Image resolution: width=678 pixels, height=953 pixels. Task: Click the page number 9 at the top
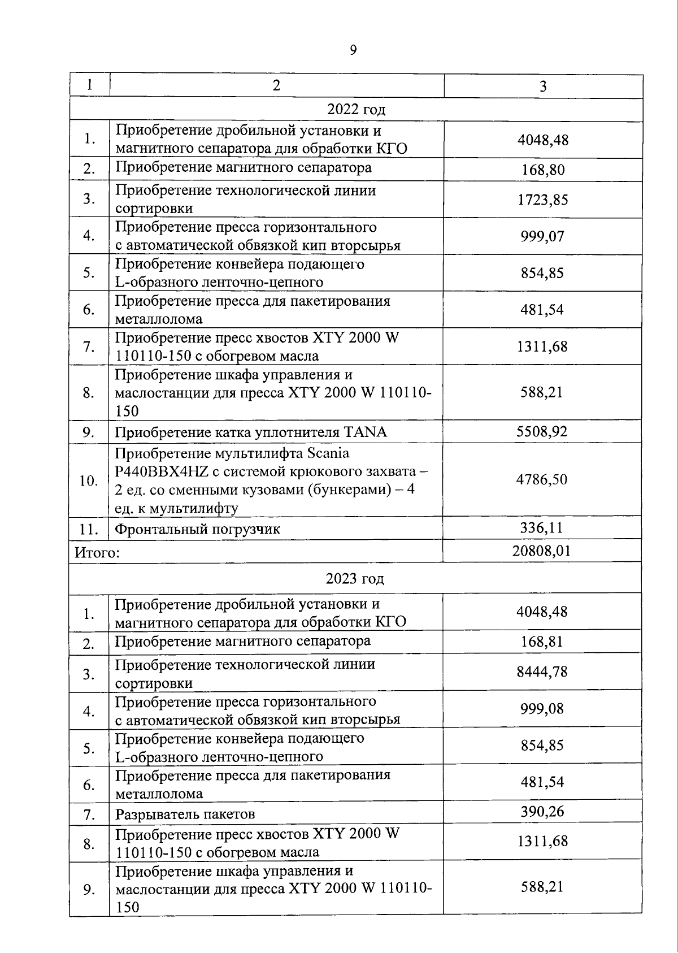(x=353, y=50)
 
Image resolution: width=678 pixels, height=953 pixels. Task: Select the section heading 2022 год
(x=356, y=109)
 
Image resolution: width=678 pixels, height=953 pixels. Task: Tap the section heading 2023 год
(x=355, y=579)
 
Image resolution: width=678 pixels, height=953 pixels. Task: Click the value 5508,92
(x=542, y=432)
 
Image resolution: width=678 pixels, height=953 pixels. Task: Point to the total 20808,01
(x=541, y=551)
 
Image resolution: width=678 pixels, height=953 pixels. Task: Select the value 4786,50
(x=541, y=480)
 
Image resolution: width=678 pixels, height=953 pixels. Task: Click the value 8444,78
(x=542, y=672)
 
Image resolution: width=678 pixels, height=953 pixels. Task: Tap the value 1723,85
(x=542, y=200)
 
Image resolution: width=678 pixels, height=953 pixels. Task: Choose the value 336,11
(x=542, y=528)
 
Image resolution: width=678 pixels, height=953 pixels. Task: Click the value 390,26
(x=542, y=812)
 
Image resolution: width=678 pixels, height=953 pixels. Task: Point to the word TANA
(x=365, y=432)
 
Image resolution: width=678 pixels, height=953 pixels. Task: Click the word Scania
(x=328, y=453)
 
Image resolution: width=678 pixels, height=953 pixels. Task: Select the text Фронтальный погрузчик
(x=197, y=530)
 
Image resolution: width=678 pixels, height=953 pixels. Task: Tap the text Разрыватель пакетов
(x=185, y=814)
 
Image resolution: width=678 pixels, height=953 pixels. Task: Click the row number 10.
(x=89, y=481)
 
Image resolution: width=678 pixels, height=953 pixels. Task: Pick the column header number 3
(x=543, y=86)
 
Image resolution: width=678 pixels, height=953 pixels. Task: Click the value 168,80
(x=542, y=170)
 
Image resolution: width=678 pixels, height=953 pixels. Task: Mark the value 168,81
(x=542, y=642)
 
